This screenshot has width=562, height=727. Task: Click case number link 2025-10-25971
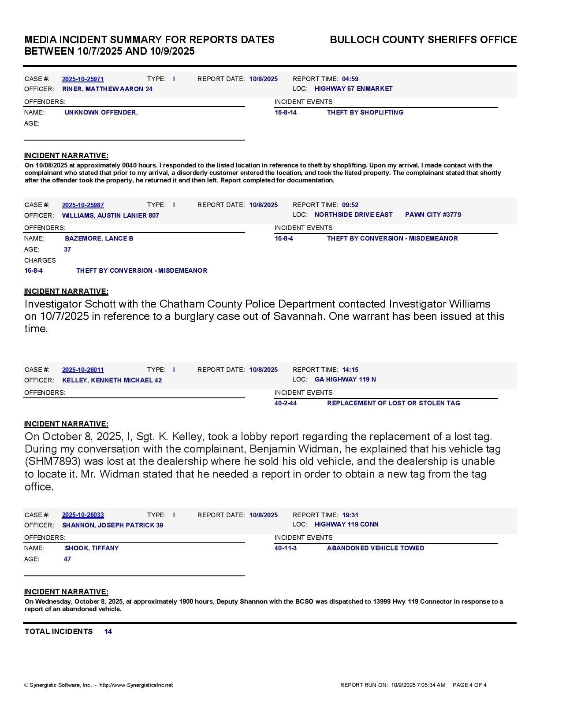coord(83,79)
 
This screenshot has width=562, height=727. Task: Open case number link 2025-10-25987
coord(83,205)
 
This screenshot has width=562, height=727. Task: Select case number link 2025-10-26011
coord(83,370)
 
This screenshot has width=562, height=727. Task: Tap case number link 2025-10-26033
coord(83,515)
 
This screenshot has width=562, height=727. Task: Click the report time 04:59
coord(350,79)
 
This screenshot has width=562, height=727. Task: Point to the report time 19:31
coord(350,515)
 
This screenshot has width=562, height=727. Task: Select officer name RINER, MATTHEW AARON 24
coord(107,89)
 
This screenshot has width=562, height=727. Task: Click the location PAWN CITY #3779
coord(433,215)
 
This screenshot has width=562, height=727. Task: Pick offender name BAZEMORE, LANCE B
coord(99,238)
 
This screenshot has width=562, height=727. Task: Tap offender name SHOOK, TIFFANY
coord(92,548)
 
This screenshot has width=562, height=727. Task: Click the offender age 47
coord(67,559)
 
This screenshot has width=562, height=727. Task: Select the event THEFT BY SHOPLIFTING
coord(365,112)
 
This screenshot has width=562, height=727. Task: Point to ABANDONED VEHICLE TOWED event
coord(376,548)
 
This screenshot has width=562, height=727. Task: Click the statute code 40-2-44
coord(285,403)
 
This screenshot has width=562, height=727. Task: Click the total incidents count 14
coord(108,631)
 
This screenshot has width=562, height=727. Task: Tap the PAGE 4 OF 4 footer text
coord(469,685)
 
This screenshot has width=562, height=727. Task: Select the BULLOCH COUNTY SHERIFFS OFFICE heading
coord(423,40)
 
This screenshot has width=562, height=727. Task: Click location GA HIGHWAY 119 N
coord(345,379)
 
